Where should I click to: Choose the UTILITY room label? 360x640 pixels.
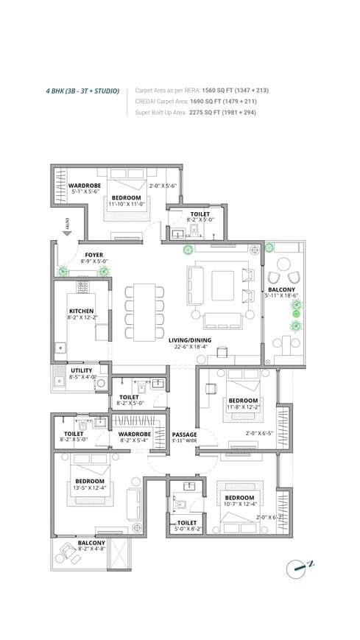tap(81, 370)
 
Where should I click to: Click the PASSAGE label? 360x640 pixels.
tap(184, 435)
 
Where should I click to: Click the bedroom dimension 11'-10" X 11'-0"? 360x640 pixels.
tap(126, 204)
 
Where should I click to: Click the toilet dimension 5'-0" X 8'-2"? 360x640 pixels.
tap(180, 529)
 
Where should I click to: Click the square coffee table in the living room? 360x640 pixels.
tap(222, 284)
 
